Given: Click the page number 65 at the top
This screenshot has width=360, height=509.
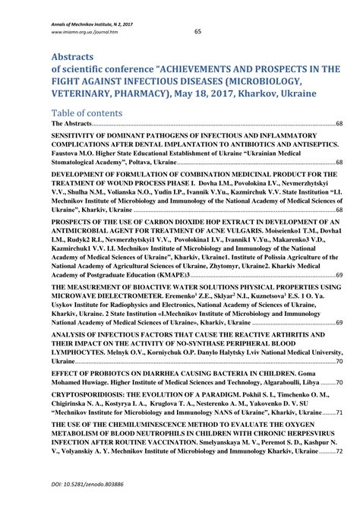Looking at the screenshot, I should [197, 32].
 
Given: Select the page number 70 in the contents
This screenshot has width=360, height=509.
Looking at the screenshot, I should [339, 384].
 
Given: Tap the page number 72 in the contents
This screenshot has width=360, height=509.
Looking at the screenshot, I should [339, 451].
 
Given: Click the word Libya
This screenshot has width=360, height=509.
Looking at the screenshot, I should [309, 384].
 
